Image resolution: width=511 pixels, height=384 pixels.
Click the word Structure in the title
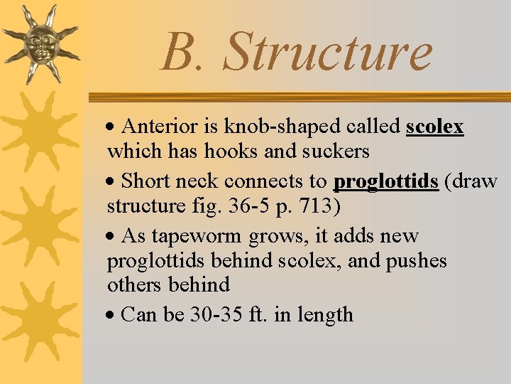pyautogui.click(x=328, y=53)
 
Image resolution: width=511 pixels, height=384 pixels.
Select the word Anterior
pyautogui.click(x=161, y=127)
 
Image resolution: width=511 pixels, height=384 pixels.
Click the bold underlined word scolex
pyautogui.click(x=434, y=127)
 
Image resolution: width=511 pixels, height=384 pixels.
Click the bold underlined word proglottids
pyautogui.click(x=385, y=182)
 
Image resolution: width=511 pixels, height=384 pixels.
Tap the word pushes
pyautogui.click(x=417, y=260)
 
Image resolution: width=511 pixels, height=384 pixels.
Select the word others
pyautogui.click(x=135, y=285)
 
